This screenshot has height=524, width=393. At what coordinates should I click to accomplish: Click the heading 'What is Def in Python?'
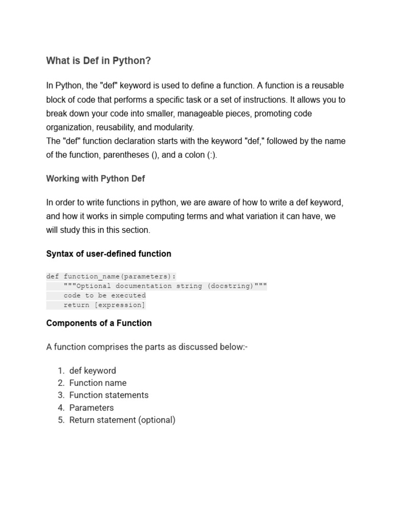(x=99, y=61)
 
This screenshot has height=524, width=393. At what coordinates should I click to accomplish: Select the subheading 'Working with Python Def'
(x=96, y=179)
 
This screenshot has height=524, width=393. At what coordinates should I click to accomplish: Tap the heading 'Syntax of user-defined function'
(x=108, y=254)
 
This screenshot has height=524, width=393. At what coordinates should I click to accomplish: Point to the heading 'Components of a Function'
(x=99, y=323)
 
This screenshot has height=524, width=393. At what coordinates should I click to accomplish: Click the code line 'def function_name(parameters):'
(x=111, y=276)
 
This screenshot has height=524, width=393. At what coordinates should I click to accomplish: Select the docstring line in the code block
(x=165, y=286)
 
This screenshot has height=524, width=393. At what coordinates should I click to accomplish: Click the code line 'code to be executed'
(x=104, y=295)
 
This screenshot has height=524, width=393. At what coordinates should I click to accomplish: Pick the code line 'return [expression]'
(x=104, y=305)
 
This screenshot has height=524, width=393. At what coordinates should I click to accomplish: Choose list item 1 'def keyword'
(x=93, y=370)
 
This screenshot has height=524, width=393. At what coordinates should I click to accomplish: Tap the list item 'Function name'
(x=98, y=383)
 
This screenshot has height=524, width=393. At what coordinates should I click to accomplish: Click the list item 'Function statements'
(x=109, y=395)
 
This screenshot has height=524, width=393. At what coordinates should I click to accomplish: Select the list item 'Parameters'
(x=92, y=408)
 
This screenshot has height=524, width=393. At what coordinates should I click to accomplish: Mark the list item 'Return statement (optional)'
(x=122, y=420)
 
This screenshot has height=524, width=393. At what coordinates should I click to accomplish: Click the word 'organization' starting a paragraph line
(x=68, y=127)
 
